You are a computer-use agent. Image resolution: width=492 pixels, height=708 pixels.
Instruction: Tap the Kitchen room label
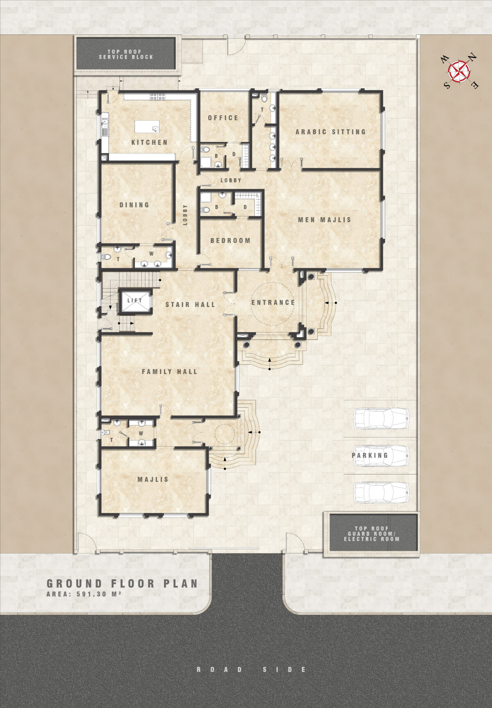[x=149, y=143]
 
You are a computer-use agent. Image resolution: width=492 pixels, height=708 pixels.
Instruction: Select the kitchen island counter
[x=147, y=127]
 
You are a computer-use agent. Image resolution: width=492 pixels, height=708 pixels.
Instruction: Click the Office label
[x=223, y=118]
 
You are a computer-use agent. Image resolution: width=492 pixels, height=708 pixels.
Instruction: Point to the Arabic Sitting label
[x=330, y=132]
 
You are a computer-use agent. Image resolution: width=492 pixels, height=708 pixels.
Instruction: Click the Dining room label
[x=134, y=205]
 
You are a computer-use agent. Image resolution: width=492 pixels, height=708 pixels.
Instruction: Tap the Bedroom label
[x=230, y=241]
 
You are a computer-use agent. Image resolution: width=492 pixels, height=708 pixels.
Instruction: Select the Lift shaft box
[x=135, y=301]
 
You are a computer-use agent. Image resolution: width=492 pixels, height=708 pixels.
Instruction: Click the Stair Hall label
[x=190, y=304]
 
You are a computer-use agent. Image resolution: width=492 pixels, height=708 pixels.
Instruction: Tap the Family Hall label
[x=170, y=372]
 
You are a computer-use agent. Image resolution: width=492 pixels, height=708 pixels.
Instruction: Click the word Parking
[x=370, y=455]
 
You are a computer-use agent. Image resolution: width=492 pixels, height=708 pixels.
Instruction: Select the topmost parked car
[x=381, y=418]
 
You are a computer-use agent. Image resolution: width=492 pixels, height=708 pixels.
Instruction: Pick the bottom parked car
[x=381, y=492]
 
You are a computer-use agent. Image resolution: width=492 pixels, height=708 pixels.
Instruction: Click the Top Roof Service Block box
[x=126, y=54]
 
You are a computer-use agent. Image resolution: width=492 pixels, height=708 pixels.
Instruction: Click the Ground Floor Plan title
[x=122, y=584]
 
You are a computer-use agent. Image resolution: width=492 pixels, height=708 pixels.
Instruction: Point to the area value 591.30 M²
[x=98, y=594]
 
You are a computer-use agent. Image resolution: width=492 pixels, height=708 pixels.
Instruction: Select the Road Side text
[x=251, y=669]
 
